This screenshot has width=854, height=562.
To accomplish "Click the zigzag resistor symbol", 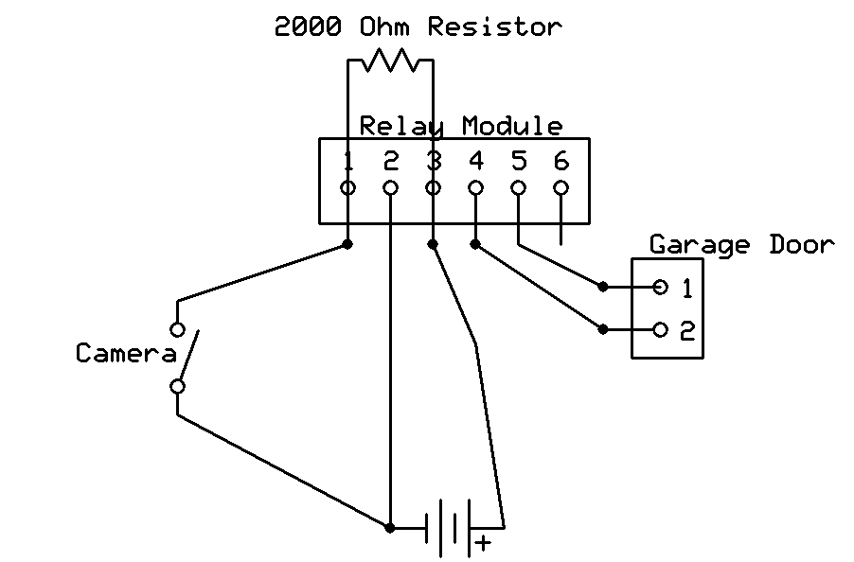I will [390, 62].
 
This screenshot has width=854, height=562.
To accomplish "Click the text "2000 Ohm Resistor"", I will [418, 26].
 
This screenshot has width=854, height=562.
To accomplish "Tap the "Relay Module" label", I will [461, 126].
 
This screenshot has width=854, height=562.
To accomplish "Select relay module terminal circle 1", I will [347, 187].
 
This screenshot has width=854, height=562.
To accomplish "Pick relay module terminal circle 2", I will [390, 187].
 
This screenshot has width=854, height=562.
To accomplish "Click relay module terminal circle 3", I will [433, 187].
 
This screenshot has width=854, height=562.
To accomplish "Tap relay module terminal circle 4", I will [475, 187].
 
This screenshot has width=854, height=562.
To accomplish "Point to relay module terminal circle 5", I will [518, 187].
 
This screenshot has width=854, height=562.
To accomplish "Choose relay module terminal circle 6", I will [560, 187].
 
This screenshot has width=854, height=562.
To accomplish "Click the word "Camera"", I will [126, 354].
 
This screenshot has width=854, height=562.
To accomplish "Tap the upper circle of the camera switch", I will [177, 329].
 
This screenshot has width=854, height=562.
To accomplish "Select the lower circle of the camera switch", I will [177, 386].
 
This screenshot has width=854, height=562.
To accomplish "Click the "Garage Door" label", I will [741, 245].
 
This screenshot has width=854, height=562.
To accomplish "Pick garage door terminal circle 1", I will [660, 286].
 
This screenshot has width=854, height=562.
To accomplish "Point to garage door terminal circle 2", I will [660, 329].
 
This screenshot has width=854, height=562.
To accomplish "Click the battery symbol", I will [448, 528].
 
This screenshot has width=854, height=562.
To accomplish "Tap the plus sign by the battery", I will [484, 543].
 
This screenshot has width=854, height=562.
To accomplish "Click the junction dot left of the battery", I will [390, 528].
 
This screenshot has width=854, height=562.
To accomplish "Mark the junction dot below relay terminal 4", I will [475, 244].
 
